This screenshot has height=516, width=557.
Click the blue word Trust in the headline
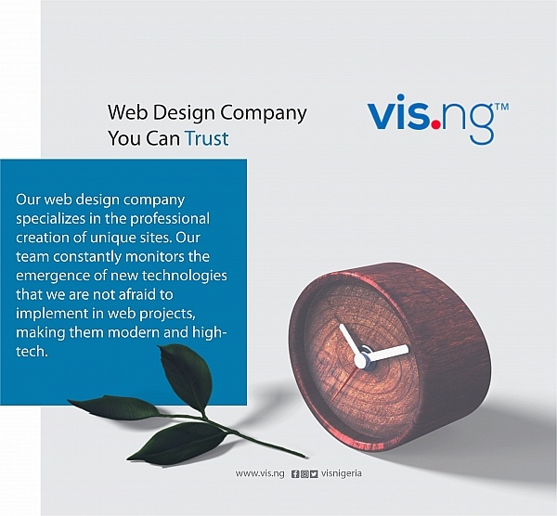pyautogui.click(x=207, y=138)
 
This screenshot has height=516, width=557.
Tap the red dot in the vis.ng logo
pyautogui.click(x=436, y=124)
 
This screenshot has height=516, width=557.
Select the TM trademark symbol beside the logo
pyautogui.click(x=502, y=107)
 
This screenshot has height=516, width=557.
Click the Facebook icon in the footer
pyautogui.click(x=295, y=474)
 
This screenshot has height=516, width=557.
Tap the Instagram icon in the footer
pyautogui.click(x=304, y=474)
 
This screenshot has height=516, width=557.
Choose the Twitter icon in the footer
pyautogui.click(x=314, y=474)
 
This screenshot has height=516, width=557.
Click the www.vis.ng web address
pyautogui.click(x=260, y=473)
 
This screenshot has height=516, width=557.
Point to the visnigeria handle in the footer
pyautogui.click(x=342, y=473)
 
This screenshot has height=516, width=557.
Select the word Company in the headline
pyautogui.click(x=264, y=113)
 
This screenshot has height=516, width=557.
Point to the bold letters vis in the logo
pyautogui.click(x=398, y=112)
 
